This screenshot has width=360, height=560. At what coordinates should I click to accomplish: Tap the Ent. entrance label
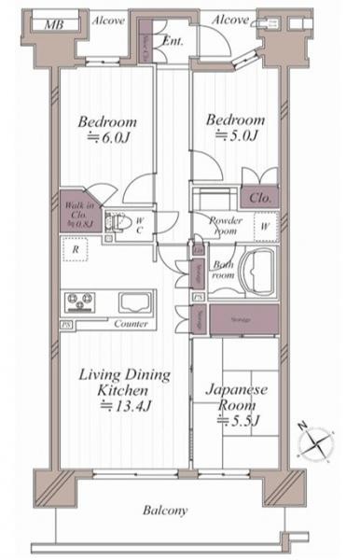pyautogui.click(x=173, y=41)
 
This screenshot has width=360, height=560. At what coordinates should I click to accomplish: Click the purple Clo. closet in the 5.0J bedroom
pyautogui.click(x=258, y=197)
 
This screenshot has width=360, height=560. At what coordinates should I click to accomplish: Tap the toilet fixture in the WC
pyautogui.click(x=116, y=223)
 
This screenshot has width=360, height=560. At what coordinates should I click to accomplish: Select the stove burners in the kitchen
pyautogui.click(x=78, y=302)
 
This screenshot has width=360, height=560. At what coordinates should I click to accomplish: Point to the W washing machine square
pyautogui.click(x=265, y=226)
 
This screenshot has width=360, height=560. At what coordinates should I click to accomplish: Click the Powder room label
pyautogui.click(x=225, y=226)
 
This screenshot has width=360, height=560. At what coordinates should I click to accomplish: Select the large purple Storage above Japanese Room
pyautogui.click(x=242, y=319)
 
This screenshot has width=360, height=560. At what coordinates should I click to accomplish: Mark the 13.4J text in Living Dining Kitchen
pyautogui.click(x=124, y=407)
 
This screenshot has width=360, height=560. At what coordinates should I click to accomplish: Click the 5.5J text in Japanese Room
pyautogui.click(x=238, y=421)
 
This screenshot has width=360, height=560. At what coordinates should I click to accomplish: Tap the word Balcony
pyautogui.click(x=166, y=511)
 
